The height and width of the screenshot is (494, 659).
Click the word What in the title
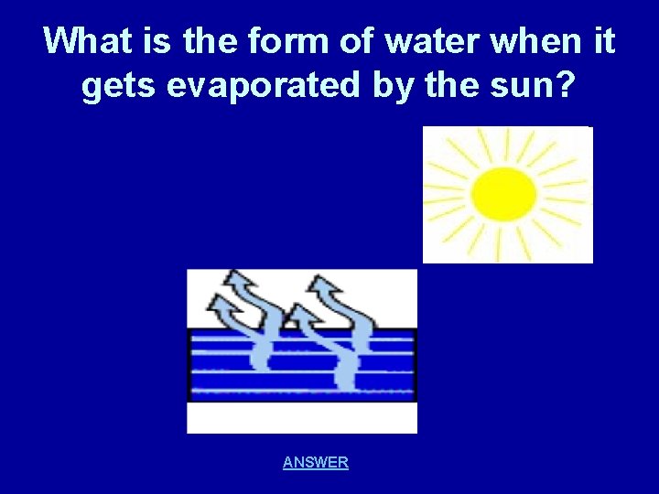(85, 42)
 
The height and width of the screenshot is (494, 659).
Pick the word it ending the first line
(603, 42)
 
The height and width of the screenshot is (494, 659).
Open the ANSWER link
(316, 462)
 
